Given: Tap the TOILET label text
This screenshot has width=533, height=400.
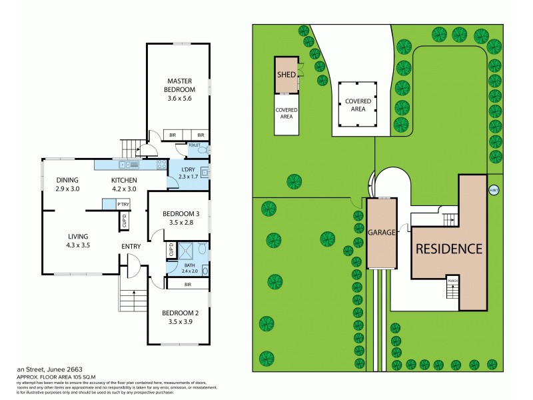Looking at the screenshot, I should tap(195, 145).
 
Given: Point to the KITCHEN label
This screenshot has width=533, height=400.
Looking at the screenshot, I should tap(124, 181).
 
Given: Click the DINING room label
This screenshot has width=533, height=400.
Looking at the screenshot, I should tap(67, 181).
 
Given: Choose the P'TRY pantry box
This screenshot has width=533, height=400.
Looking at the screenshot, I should tap(123, 204).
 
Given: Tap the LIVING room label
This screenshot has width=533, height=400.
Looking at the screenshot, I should tap(79, 237).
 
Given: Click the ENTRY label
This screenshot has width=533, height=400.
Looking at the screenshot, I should tap(131, 247).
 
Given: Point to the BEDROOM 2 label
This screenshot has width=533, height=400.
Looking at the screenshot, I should tap(181, 313).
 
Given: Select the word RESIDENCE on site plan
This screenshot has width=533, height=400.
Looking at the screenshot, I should tap(448, 250).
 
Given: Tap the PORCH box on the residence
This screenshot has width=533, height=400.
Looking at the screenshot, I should tap(453, 280).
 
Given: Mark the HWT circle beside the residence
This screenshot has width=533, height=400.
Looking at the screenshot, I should tap(494, 190).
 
